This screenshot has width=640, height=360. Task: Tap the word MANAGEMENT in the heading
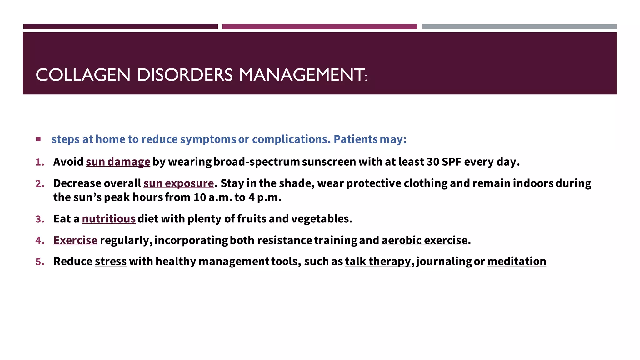click(x=302, y=75)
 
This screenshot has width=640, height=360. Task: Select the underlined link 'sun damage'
click(x=118, y=162)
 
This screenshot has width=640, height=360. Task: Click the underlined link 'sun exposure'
click(x=178, y=183)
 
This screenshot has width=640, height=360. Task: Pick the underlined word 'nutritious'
click(x=109, y=219)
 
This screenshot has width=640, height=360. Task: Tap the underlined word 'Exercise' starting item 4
click(x=75, y=240)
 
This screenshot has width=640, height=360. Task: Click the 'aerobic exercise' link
click(x=424, y=240)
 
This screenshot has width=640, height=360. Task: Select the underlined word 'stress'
click(x=111, y=261)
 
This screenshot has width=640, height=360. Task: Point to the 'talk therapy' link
click(x=377, y=261)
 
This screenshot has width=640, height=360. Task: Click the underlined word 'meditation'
click(x=516, y=261)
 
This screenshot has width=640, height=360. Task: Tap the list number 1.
click(x=40, y=162)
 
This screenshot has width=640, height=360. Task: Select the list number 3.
click(x=40, y=219)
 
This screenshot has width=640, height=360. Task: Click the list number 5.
click(x=40, y=262)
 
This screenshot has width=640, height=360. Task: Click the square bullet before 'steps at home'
click(x=38, y=139)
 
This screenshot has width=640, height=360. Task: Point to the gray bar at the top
click(x=519, y=27)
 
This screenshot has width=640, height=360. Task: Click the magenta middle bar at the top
click(x=319, y=27)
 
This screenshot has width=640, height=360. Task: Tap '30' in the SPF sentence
click(x=433, y=162)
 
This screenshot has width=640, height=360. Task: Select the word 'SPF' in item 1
click(x=451, y=162)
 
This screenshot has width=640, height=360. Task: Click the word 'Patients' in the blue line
click(x=356, y=139)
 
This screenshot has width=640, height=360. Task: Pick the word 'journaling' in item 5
click(x=444, y=261)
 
